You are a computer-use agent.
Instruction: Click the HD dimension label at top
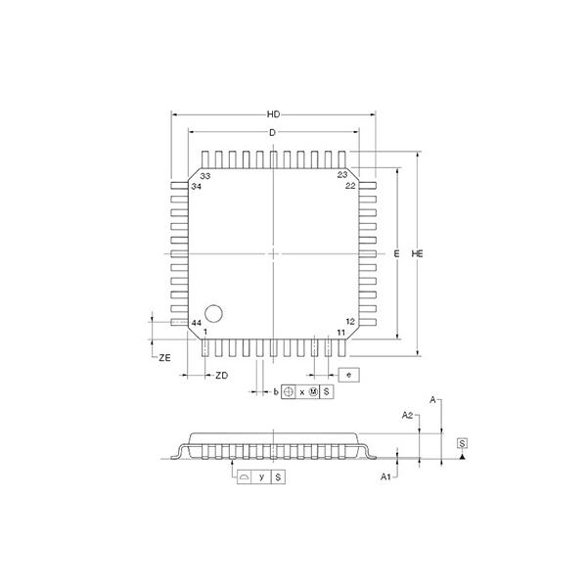tap(274, 113)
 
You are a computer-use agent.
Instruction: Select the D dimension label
tap(274, 132)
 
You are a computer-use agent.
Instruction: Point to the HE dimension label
tap(419, 253)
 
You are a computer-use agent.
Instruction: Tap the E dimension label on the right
tap(397, 253)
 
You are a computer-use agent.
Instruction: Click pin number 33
tap(205, 176)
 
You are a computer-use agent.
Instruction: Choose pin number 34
tap(197, 186)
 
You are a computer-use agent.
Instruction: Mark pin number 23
tap(342, 175)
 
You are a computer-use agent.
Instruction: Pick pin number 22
tap(350, 186)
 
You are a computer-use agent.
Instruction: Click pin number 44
tap(197, 323)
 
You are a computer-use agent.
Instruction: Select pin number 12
tap(350, 321)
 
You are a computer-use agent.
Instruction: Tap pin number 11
tap(341, 333)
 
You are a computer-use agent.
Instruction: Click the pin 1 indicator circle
tap(214, 309)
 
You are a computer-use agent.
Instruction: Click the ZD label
tap(222, 376)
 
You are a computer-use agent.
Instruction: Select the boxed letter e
tap(348, 375)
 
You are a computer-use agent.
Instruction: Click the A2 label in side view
tap(407, 415)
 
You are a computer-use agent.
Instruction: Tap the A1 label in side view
tap(386, 476)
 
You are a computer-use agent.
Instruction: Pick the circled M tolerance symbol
tap(314, 391)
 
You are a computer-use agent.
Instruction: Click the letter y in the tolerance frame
tap(262, 476)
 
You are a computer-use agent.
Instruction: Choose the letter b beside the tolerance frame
tap(276, 391)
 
